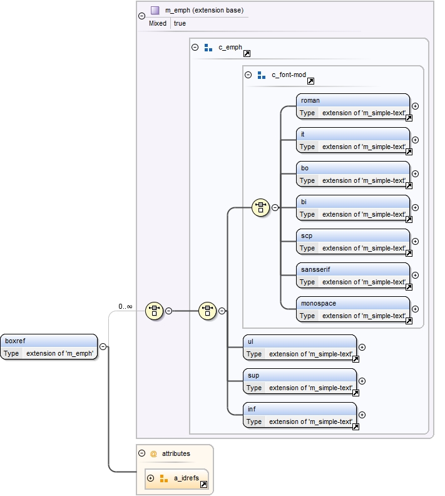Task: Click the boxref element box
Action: [49, 346]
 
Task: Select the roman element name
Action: [310, 100]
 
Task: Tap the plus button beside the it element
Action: [415, 140]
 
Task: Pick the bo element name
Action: [305, 168]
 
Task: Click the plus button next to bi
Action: [415, 208]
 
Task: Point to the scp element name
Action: [307, 235]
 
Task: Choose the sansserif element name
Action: [315, 269]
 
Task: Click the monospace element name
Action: [319, 303]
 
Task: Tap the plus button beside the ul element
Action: [362, 347]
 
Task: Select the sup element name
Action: [253, 375]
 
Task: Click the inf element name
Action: [252, 409]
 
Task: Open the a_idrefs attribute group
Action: [186, 478]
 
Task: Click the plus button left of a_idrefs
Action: [150, 478]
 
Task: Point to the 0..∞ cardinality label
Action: [125, 306]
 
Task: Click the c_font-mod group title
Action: [289, 75]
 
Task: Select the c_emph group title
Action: [230, 47]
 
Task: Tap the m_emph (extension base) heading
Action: [204, 11]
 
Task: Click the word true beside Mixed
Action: [180, 23]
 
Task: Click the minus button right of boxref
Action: [103, 346]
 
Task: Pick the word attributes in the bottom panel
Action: [176, 453]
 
